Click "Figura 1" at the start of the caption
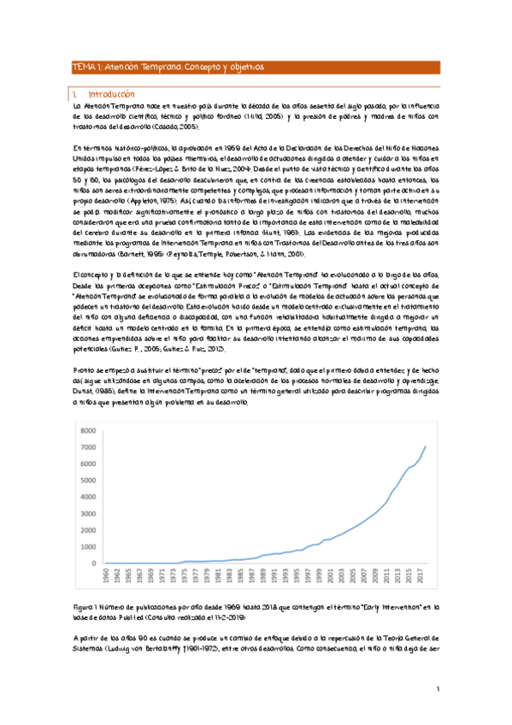tap(87, 604)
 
